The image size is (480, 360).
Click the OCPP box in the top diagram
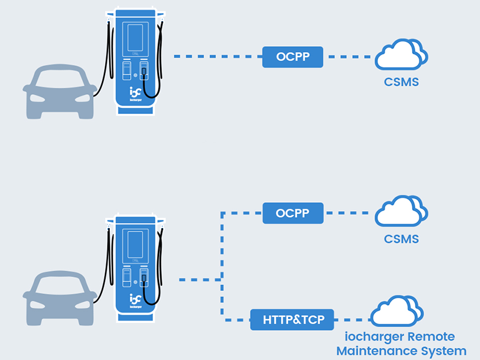tap(293, 57)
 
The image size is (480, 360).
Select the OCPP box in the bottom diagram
tap(293, 213)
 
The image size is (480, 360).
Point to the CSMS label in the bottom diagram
tap(401, 239)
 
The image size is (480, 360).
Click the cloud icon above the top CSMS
tap(401, 55)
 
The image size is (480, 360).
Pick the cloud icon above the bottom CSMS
tap(401, 212)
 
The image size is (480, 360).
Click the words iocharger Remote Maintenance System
tap(401, 344)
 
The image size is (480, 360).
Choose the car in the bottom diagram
tap(59, 300)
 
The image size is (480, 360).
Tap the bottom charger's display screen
tap(135, 245)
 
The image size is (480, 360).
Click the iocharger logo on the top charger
tap(135, 94)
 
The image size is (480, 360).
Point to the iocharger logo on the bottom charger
tap(135, 298)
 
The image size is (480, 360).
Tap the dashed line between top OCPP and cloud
tap(348, 57)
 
